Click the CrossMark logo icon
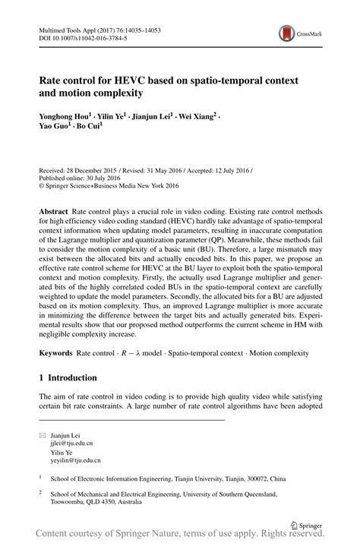coord(286,33)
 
